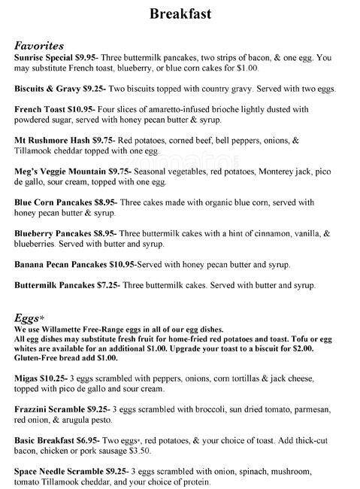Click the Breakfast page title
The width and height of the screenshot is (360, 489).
[x=180, y=14]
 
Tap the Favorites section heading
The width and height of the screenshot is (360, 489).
[x=38, y=45]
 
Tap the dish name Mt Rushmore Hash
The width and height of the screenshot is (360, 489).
[x=51, y=140]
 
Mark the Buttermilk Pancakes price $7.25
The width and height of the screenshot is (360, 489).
[x=107, y=285]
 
